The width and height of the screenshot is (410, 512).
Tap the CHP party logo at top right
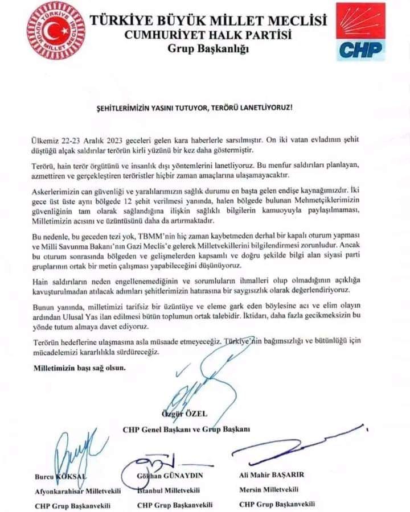tap(360, 32)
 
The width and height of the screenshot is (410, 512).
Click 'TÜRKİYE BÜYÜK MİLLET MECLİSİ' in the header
tap(208, 21)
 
